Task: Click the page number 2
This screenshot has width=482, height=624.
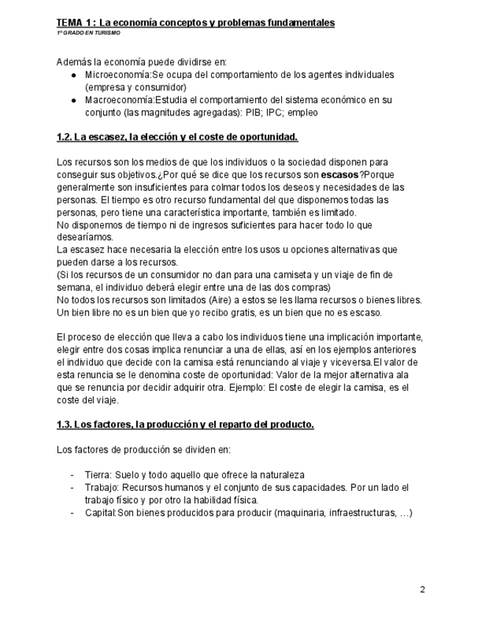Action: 422,589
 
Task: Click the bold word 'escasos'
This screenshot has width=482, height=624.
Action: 339,175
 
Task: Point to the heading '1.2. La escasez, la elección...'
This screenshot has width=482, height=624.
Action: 177,138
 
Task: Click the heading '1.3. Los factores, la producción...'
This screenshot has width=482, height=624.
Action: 185,425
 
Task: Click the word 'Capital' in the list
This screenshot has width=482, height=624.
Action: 100,513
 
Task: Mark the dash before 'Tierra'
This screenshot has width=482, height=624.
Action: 72,475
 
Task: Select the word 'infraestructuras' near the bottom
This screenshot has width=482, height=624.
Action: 361,513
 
